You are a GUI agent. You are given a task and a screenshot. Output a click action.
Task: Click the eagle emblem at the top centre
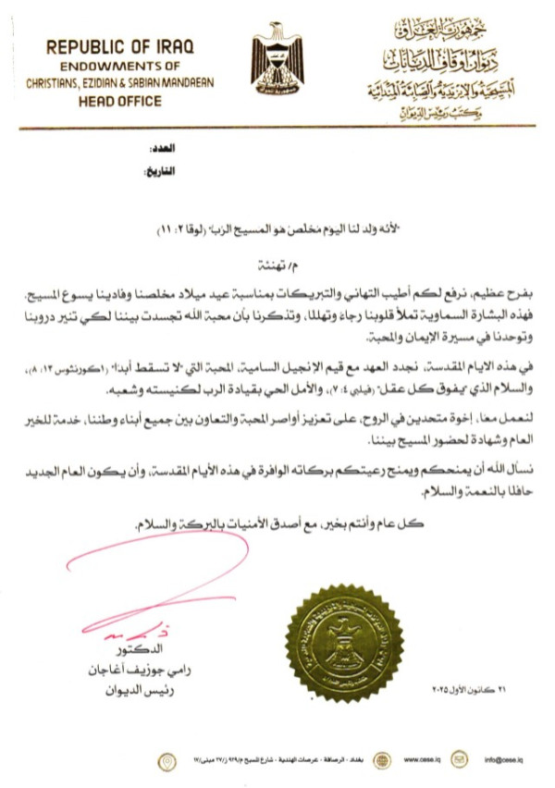[277, 56]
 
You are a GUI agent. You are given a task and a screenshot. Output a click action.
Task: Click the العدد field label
[161, 149]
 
